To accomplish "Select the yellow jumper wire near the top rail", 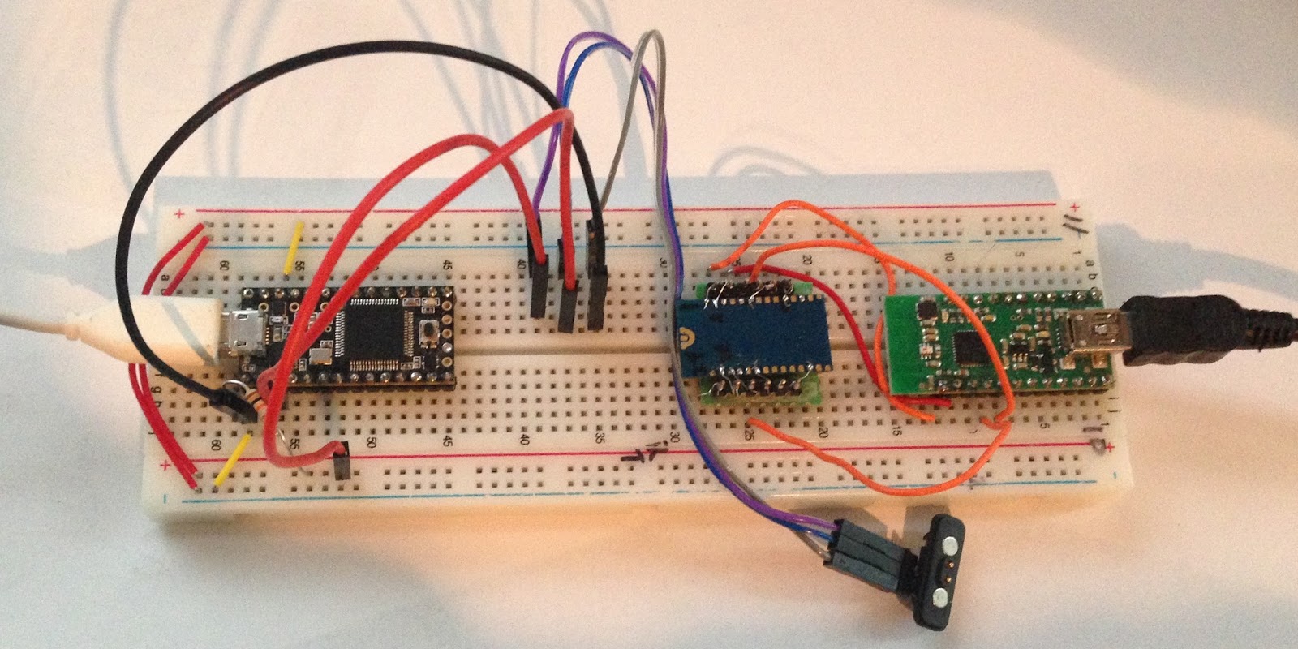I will click(x=294, y=245).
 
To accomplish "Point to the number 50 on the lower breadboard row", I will click(x=370, y=443).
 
